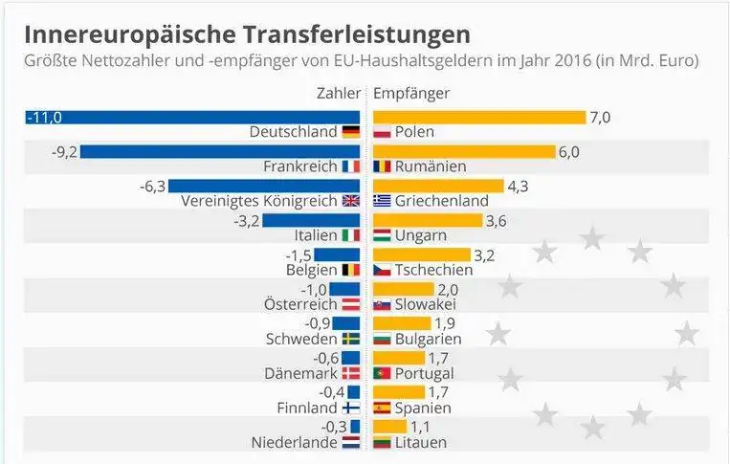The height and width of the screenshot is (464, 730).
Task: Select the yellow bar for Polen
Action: (x=478, y=117)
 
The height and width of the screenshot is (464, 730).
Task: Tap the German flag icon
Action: (x=351, y=132)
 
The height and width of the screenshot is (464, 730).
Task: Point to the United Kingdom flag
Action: (x=351, y=201)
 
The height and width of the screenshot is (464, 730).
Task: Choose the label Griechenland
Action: (x=441, y=201)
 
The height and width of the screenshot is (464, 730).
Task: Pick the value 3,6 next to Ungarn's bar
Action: (x=498, y=220)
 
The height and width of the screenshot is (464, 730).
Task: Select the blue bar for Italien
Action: (x=311, y=220)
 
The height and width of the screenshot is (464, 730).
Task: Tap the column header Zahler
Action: (x=339, y=93)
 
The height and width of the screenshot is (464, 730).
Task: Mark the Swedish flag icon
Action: (x=351, y=339)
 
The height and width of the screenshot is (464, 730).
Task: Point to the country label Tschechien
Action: (x=433, y=270)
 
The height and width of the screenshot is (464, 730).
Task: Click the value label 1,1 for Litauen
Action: (x=421, y=427)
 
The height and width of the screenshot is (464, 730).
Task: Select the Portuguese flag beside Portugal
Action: (x=383, y=373)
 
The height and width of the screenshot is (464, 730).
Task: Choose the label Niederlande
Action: (x=294, y=442)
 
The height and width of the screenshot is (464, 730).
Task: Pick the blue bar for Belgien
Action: (x=337, y=254)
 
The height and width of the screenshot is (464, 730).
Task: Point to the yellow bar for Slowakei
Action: (x=402, y=289)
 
